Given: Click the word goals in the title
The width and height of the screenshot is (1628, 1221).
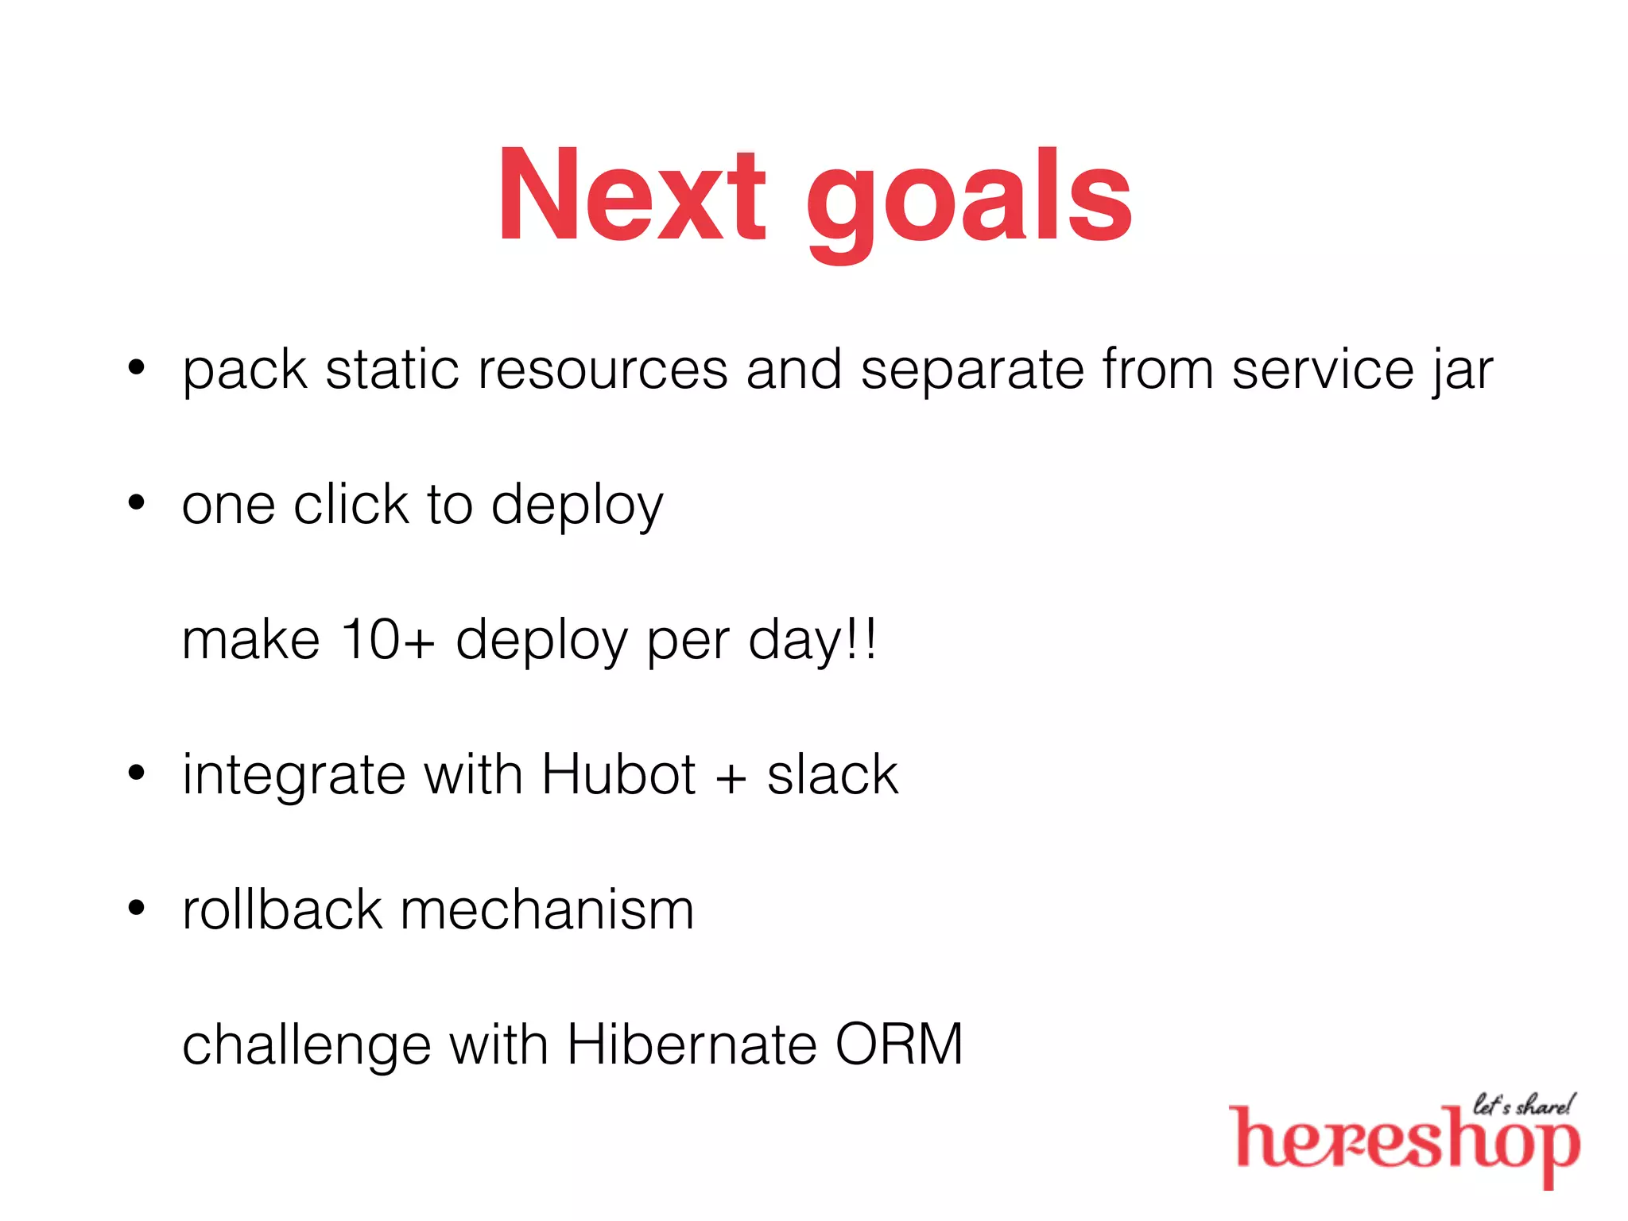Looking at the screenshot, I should pyautogui.click(x=969, y=199).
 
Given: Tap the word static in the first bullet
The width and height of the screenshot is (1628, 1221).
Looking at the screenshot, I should pyautogui.click(x=392, y=370).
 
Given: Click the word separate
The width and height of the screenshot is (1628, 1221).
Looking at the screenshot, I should pyautogui.click(x=971, y=371).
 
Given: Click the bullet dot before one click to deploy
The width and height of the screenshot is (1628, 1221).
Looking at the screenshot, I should pyautogui.click(x=137, y=502).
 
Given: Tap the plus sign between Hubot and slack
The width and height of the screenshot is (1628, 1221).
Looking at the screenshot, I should pyautogui.click(x=731, y=777).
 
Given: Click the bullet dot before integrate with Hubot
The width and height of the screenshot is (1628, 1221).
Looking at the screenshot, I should pyautogui.click(x=137, y=772).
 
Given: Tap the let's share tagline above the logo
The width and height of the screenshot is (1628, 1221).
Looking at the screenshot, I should pyautogui.click(x=1522, y=1104).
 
